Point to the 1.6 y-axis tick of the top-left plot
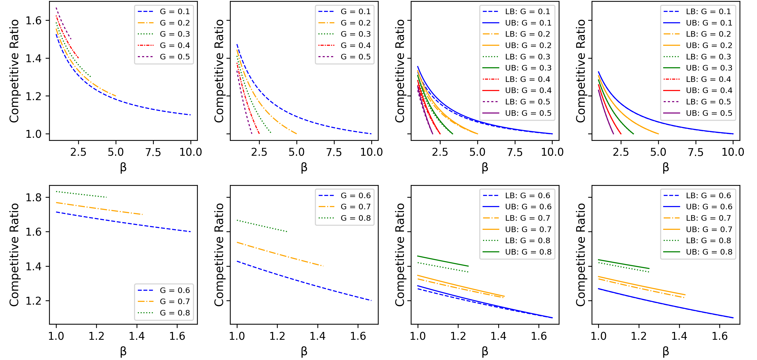point(33,20)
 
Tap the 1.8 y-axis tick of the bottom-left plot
point(33,197)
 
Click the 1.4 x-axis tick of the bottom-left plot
point(137,336)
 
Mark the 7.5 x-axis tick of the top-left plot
point(153,152)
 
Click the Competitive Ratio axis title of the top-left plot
point(14,71)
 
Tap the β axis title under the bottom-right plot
point(666,351)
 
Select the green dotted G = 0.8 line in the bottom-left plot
point(82,194)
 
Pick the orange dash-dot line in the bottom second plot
point(279,254)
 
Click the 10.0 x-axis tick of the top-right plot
point(733,152)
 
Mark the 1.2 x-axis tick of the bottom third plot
point(458,336)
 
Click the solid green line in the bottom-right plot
point(623,264)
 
